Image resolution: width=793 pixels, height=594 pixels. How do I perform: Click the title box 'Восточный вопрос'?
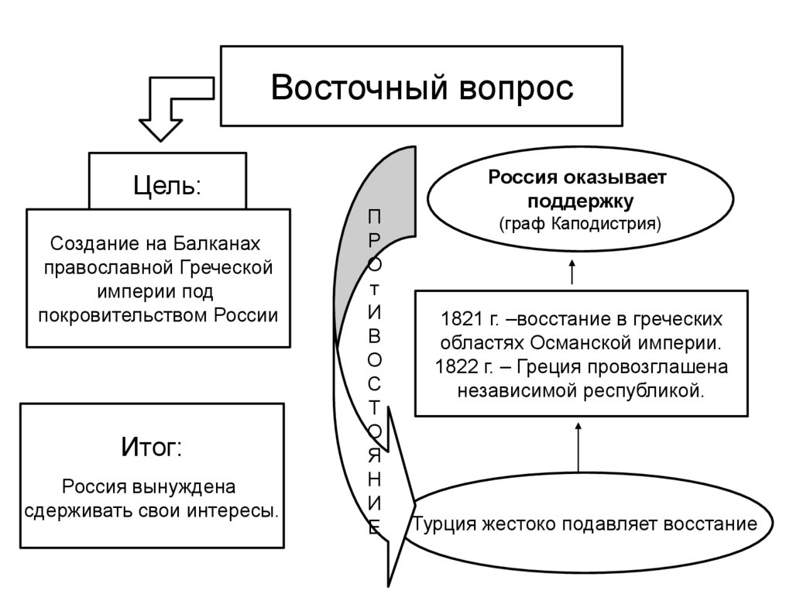click(422, 86)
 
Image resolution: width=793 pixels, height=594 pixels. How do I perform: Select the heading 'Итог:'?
click(152, 447)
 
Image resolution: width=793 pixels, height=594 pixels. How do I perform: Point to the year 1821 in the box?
click(458, 319)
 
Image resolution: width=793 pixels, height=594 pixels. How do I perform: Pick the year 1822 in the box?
click(458, 366)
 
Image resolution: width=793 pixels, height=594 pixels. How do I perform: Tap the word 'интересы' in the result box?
click(235, 511)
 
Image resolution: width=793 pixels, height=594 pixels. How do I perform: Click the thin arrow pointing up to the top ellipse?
click(572, 273)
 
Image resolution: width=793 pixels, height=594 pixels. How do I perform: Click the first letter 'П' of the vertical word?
click(373, 218)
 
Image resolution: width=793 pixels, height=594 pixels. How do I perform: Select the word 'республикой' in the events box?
click(654, 390)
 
